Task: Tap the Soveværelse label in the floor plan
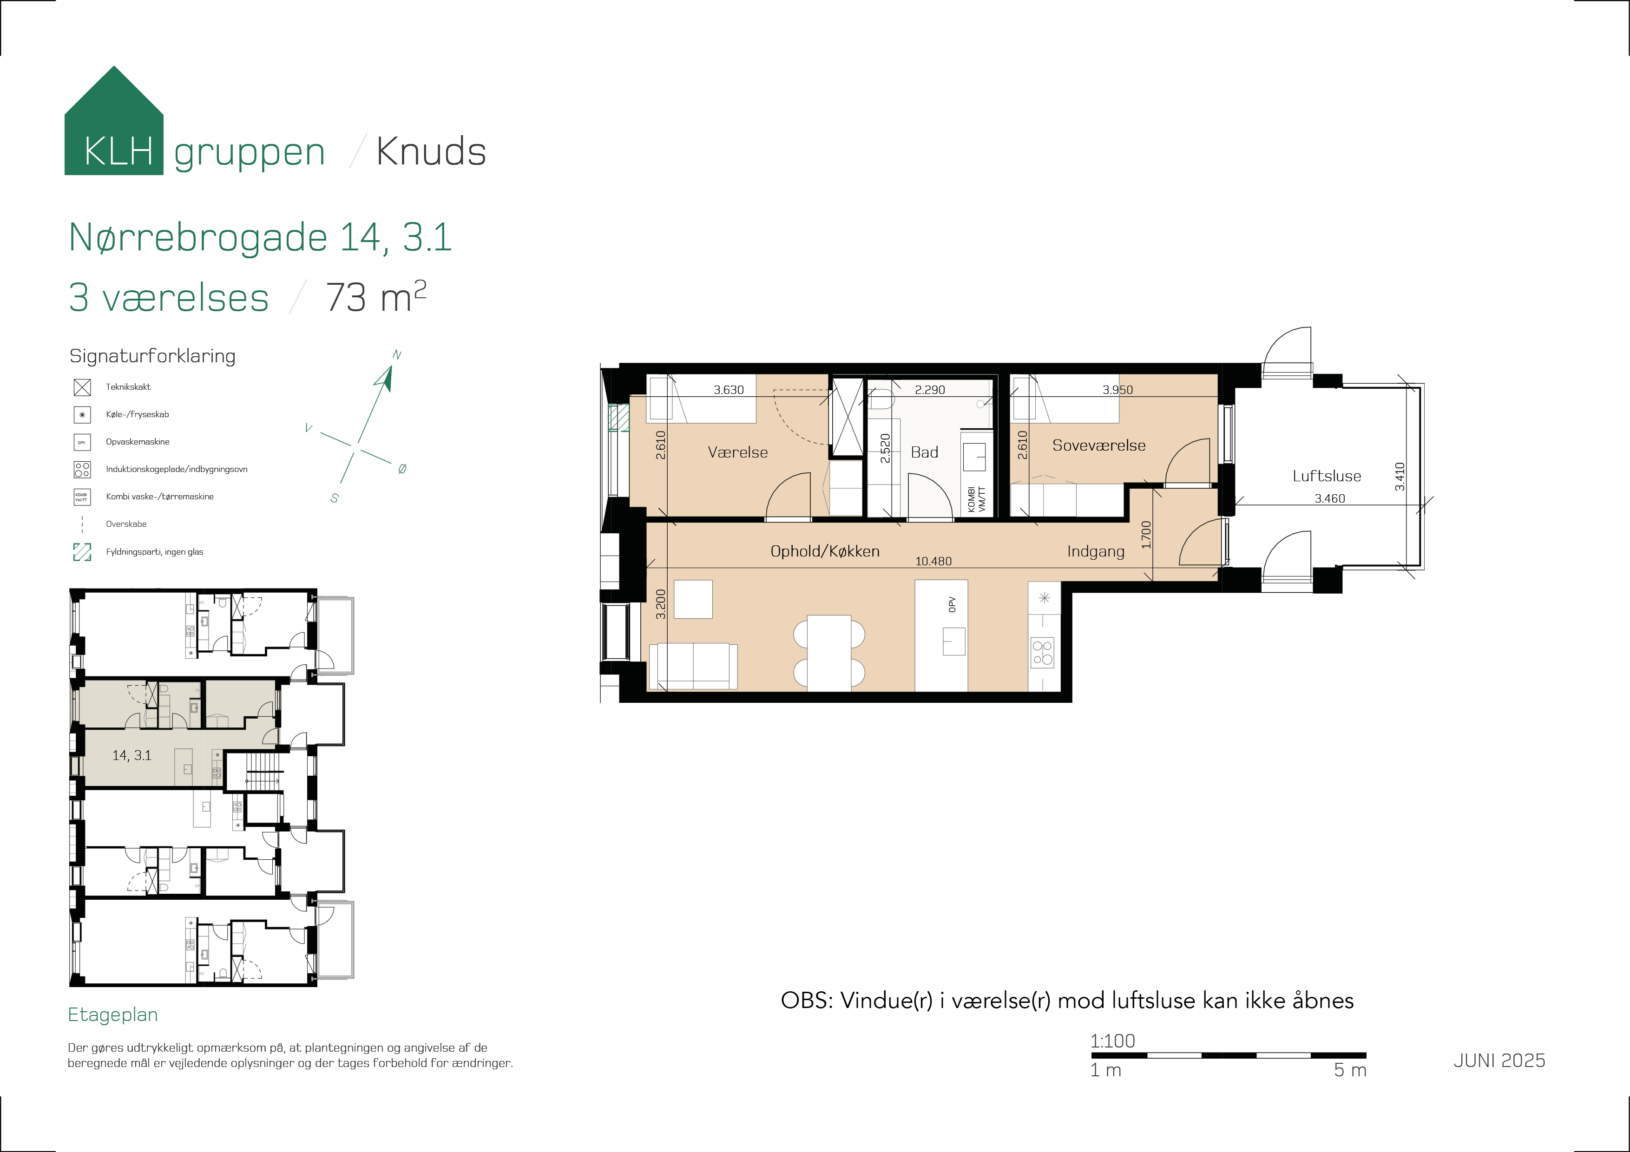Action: (1098, 446)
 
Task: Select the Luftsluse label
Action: (1326, 476)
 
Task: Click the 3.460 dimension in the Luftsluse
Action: (1329, 499)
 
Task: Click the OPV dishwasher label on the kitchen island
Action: (952, 605)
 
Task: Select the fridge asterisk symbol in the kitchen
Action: (1044, 598)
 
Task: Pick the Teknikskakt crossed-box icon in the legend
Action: (82, 387)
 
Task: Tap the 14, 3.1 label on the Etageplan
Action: (132, 756)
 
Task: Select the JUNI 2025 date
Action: (1499, 1060)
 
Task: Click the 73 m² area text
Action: (375, 297)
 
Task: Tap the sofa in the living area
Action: (693, 666)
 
